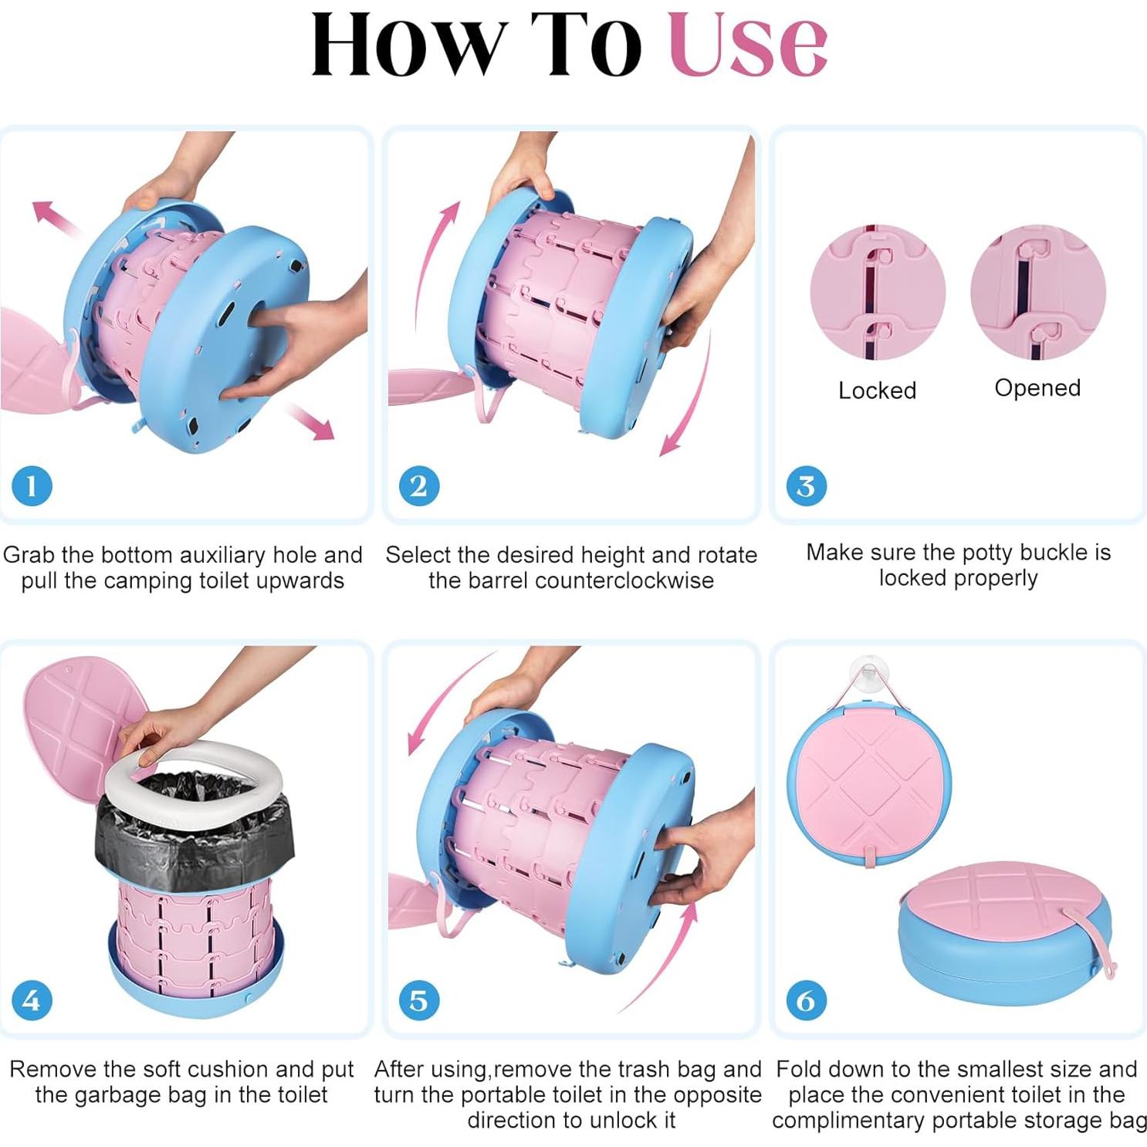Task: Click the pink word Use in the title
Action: point(748,45)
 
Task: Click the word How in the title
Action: point(408,45)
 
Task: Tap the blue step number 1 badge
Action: point(32,486)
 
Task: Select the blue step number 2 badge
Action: point(419,486)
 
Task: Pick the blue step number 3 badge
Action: point(806,486)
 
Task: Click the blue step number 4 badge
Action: point(32,1000)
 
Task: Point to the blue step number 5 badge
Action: point(419,1000)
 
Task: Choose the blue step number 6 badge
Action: point(806,1000)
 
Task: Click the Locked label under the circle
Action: point(878,391)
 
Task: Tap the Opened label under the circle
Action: point(1037,388)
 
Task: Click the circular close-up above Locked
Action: point(878,293)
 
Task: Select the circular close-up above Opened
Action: point(1038,293)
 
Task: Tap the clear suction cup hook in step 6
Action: point(868,672)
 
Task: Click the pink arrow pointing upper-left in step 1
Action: point(56,217)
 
